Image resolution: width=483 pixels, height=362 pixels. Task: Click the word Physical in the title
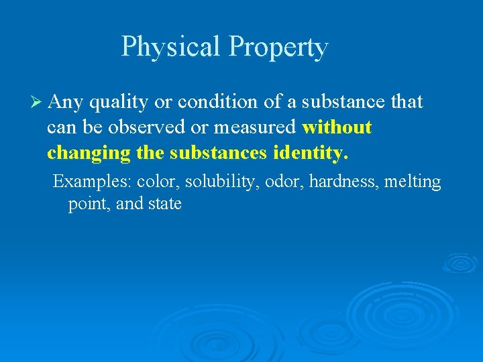tap(171, 47)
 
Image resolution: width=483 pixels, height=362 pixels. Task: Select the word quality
tap(119, 103)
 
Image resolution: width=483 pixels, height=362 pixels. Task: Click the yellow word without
tap(337, 127)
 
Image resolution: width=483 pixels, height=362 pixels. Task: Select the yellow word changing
tap(87, 154)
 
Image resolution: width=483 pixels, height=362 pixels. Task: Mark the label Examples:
tap(92, 182)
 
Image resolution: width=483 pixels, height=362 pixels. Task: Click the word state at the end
tap(165, 204)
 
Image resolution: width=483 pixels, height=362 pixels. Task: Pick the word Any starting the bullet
tap(65, 103)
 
